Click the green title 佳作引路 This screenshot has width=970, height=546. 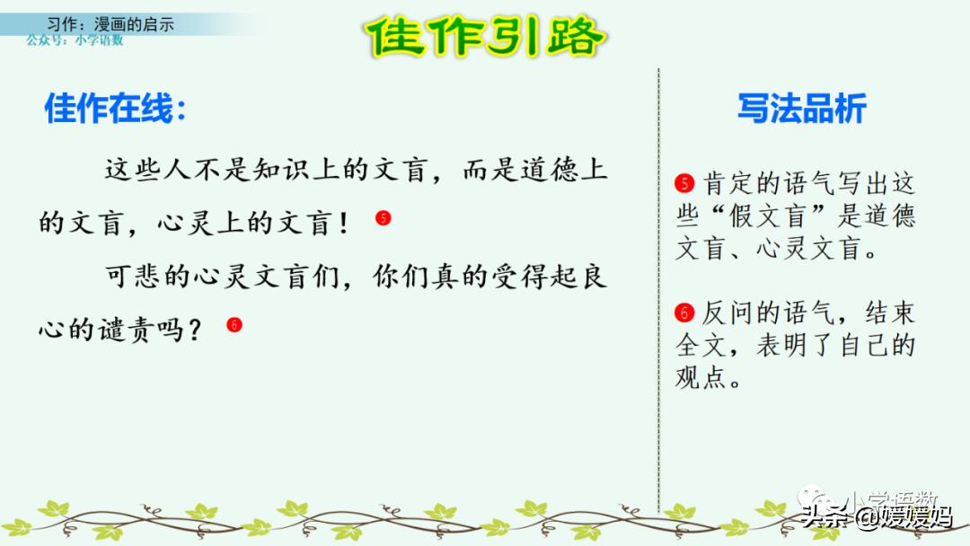coord(486,38)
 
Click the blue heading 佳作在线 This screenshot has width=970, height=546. coord(116,110)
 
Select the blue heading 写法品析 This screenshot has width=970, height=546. coord(801,109)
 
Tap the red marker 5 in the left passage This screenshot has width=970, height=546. coord(384,217)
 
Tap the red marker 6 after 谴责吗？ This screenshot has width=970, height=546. coord(234,325)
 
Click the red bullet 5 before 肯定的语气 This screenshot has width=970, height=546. coord(685,185)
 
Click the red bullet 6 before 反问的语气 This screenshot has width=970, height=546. coord(685,313)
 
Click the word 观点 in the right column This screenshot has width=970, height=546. coord(701,377)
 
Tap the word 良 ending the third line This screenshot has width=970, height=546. coord(594,277)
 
